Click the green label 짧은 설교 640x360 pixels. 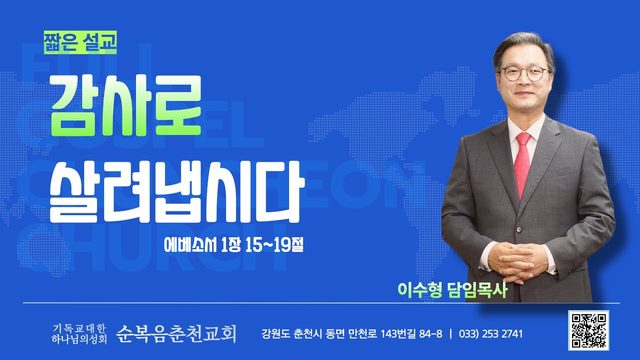tap(80, 42)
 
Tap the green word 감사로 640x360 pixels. tap(126, 105)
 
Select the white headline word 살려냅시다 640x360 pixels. tap(176, 192)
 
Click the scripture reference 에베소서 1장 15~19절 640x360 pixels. tap(234, 245)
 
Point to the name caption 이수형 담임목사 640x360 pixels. tap(452, 290)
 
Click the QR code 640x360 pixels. tap(588, 330)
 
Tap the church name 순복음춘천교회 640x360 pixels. tap(176, 333)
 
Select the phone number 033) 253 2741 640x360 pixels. tap(491, 334)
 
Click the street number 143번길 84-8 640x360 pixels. tap(411, 334)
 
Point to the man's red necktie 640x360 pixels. tap(523, 164)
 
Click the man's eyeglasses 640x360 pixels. tap(524, 73)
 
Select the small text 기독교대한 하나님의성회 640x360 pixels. tap(79, 333)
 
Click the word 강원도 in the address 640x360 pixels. tap(276, 334)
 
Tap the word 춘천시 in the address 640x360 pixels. tap(307, 334)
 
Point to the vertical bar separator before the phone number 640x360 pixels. tap(450, 334)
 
